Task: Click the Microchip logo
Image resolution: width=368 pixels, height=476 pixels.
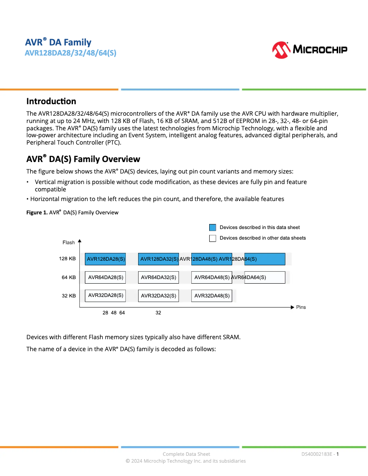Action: coord(309,50)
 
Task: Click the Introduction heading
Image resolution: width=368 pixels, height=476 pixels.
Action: coord(51,101)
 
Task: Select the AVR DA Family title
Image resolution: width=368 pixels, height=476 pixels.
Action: coord(58,43)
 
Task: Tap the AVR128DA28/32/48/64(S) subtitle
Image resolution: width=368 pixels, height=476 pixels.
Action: coord(70,53)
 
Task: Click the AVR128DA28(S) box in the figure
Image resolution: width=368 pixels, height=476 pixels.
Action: coord(106,259)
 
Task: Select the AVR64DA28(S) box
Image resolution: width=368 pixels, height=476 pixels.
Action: coord(106,277)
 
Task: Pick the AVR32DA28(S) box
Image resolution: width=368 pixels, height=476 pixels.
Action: coord(106,295)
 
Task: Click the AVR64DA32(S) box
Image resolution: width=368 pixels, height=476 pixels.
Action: coord(158,277)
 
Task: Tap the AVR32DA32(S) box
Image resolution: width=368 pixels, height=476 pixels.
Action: coord(158,296)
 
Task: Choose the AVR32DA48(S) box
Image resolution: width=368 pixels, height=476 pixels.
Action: coord(212,296)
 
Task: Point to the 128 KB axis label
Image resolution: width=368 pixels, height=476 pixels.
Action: coord(67,259)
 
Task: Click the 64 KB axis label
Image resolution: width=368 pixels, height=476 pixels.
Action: coord(68,277)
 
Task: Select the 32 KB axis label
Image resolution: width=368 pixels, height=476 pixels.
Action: coord(68,296)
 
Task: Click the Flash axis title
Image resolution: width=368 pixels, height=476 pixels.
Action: coord(68,242)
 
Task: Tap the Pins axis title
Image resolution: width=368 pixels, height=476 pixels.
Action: coord(301,307)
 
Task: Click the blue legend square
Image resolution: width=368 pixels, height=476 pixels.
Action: coord(212,227)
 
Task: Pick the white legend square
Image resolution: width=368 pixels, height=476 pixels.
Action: coord(212,238)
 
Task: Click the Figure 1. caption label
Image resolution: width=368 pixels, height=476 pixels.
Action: coord(37,212)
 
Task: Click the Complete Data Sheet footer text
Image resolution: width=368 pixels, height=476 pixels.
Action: coord(186,454)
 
